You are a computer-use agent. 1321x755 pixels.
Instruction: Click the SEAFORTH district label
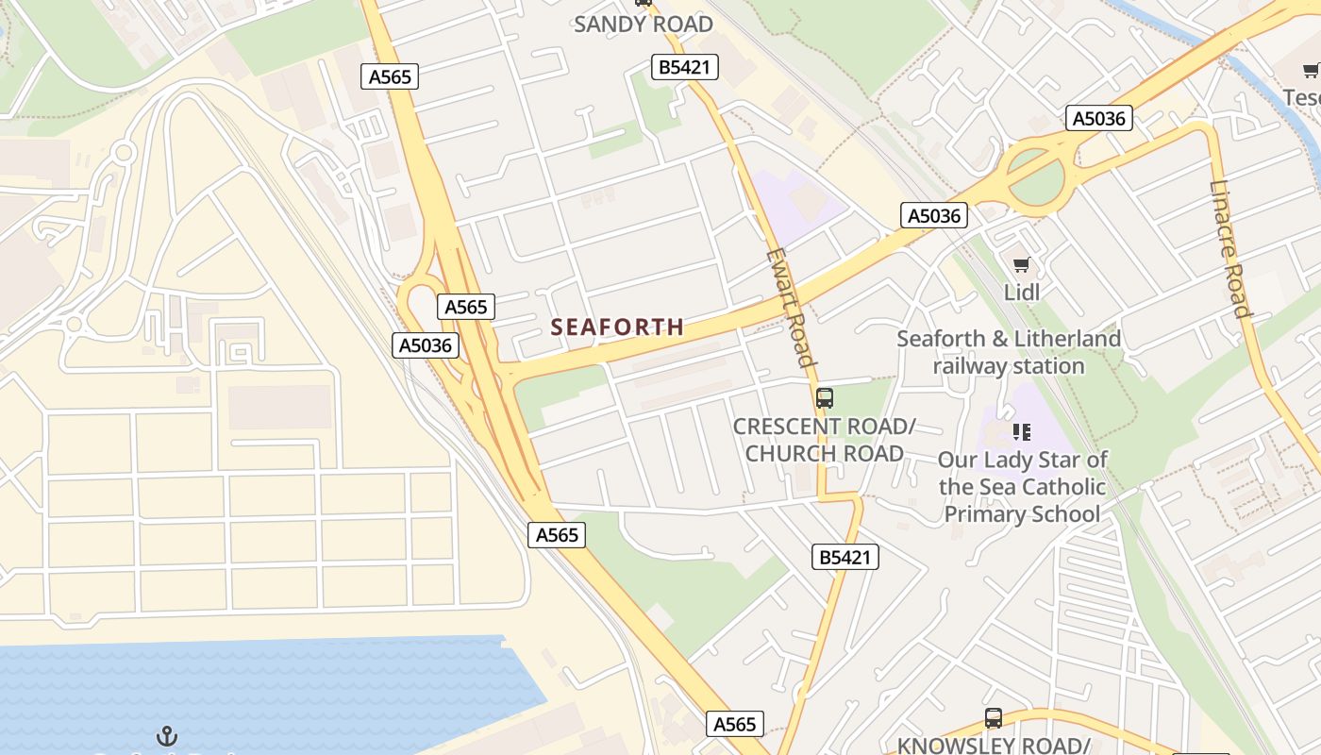click(617, 327)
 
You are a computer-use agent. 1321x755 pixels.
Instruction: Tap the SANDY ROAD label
click(644, 25)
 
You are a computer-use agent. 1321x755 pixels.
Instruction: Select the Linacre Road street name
click(1229, 248)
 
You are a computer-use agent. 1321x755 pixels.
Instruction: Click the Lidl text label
click(1021, 293)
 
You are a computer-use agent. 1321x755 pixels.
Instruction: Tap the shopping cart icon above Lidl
click(1021, 265)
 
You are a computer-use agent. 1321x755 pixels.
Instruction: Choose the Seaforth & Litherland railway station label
click(1009, 352)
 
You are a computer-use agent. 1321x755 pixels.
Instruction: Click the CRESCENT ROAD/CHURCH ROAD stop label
click(825, 440)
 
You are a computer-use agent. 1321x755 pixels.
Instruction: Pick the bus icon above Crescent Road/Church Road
click(825, 398)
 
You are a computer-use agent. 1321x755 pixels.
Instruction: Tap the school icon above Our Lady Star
click(1021, 432)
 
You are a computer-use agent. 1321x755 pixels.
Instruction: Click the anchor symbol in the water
click(167, 735)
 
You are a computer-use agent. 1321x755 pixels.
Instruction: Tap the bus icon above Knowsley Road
click(994, 718)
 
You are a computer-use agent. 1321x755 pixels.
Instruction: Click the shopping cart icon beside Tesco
click(1311, 71)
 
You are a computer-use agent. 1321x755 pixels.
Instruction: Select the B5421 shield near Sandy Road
click(685, 67)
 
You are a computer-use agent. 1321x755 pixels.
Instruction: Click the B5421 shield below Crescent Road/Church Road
click(845, 558)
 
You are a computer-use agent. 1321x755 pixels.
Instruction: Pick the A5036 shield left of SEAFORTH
click(426, 345)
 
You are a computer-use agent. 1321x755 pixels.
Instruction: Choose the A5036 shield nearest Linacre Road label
click(1100, 118)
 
